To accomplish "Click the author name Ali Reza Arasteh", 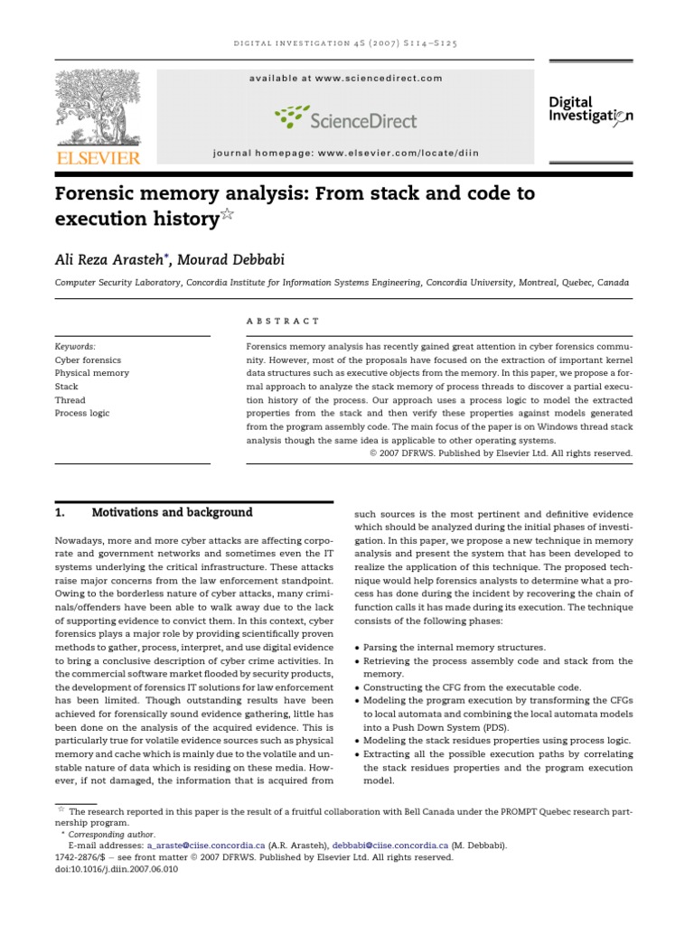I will (x=111, y=260).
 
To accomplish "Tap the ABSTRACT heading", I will (x=282, y=320).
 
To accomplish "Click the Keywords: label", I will (x=75, y=346).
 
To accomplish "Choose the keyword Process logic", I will (x=83, y=413).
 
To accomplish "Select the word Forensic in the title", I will (x=100, y=194).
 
